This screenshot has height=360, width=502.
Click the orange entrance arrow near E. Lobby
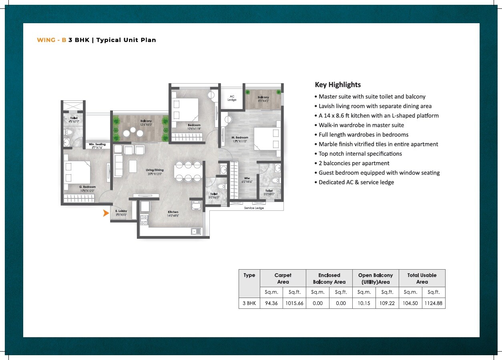point(106,213)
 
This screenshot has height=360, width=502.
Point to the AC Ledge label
point(232,98)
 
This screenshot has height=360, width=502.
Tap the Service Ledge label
point(254,208)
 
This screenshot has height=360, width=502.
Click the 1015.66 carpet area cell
point(294,303)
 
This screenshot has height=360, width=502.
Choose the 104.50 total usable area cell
point(410,303)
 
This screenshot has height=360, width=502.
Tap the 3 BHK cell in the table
point(249,303)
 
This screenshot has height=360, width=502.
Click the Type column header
point(249,275)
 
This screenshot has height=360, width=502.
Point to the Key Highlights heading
point(337,85)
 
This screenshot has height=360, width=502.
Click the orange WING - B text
point(51,40)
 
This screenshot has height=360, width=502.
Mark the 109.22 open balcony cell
point(387,303)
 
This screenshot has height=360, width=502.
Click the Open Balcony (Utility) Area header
point(375,278)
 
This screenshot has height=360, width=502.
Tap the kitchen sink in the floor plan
point(194,231)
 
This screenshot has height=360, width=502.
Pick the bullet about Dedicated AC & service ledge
point(356,182)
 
